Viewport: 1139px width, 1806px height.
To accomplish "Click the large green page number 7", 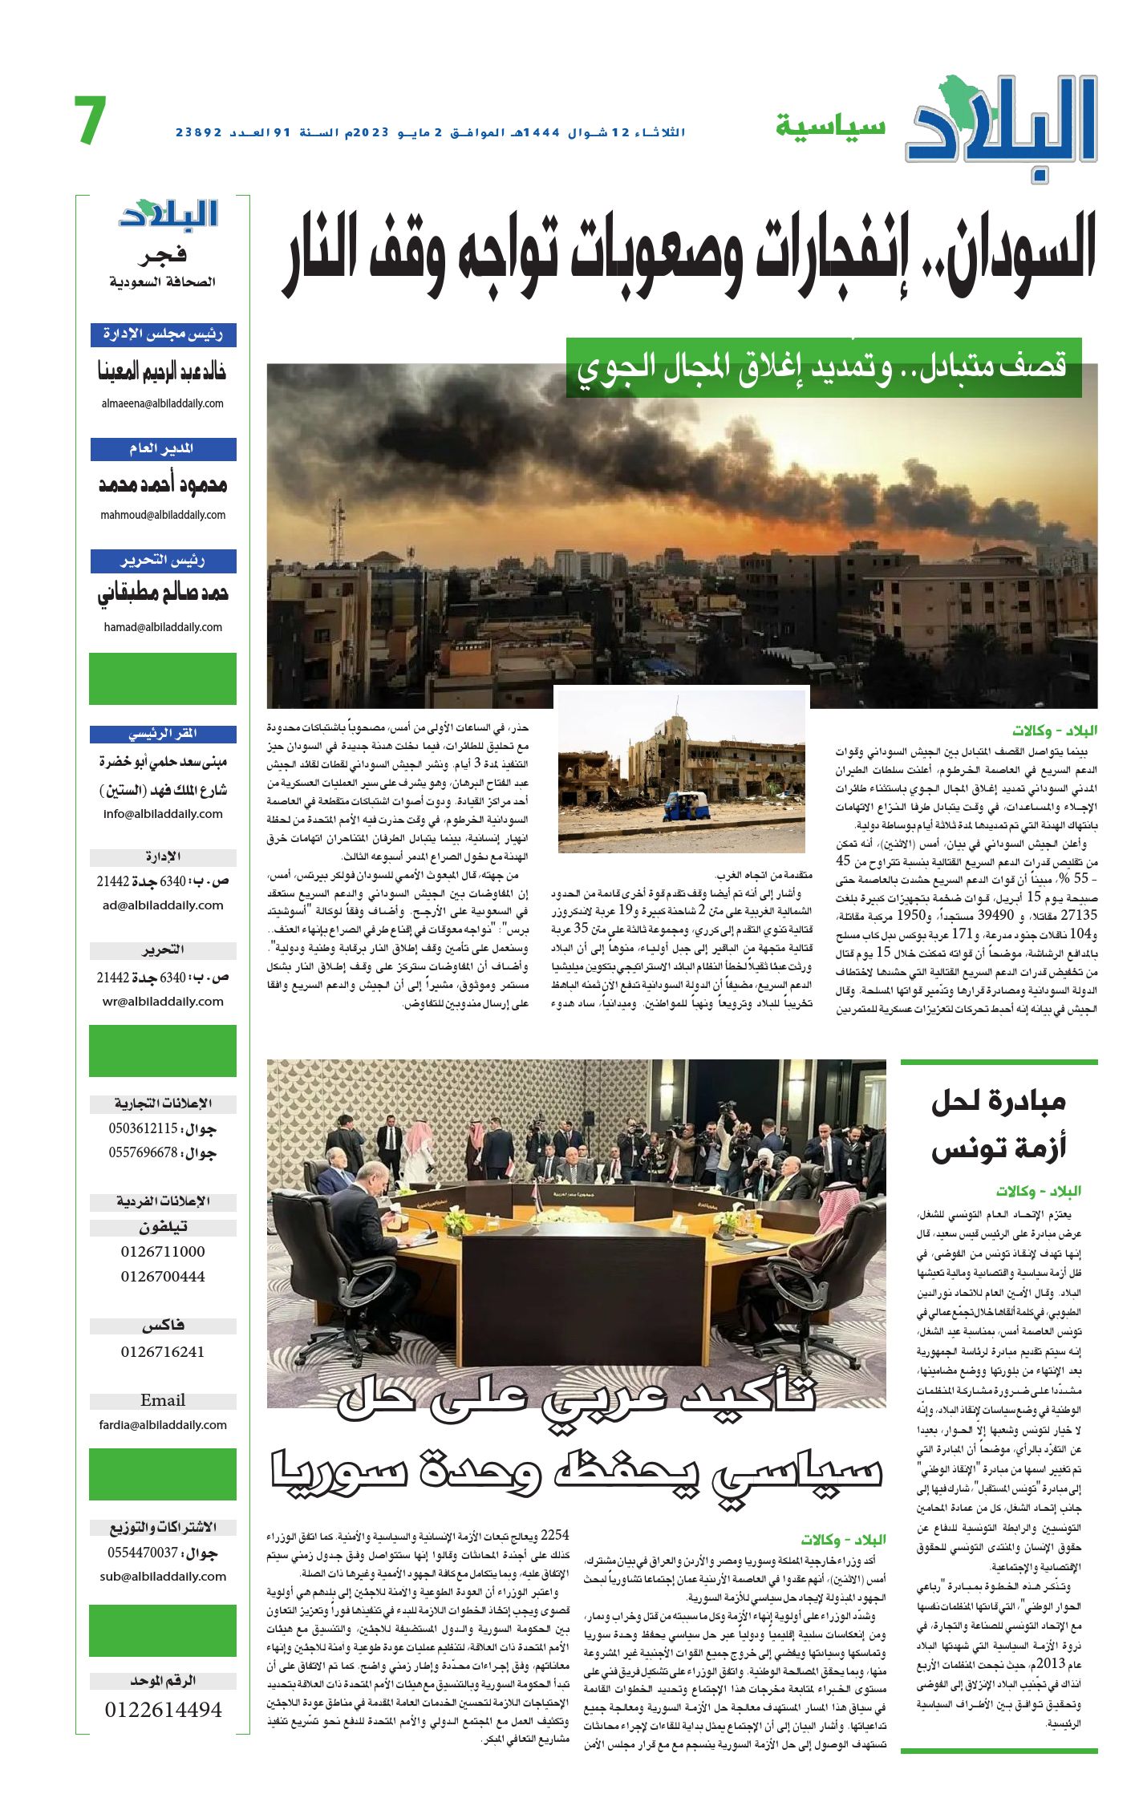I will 91,121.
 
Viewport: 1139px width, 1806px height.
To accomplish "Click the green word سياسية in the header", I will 830,127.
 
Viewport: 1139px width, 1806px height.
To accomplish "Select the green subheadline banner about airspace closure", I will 823,367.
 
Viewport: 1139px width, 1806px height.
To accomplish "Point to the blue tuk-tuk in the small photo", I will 687,805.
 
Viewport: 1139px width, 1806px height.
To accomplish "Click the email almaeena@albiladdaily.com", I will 163,403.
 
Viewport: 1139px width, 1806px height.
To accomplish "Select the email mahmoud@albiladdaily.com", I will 163,515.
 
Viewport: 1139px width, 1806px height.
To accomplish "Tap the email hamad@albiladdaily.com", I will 163,627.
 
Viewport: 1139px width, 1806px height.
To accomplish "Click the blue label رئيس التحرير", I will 163,561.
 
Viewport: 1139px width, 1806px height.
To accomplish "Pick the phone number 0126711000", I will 163,1252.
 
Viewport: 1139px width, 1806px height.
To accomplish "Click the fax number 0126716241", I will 163,1351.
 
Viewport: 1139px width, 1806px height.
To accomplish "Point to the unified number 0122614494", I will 163,1709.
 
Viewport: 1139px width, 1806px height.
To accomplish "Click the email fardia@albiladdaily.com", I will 163,1424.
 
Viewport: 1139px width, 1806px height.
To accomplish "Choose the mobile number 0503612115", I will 144,1128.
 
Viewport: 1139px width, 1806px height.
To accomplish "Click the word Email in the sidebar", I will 163,1400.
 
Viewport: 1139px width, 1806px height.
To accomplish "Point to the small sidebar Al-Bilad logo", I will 168,213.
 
